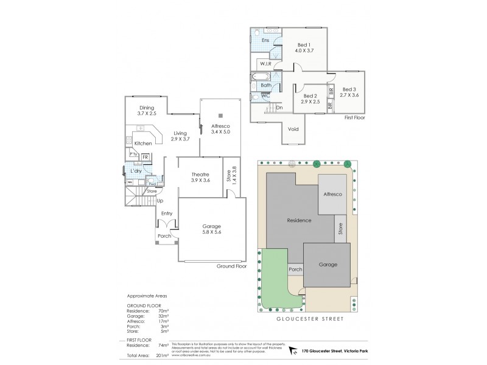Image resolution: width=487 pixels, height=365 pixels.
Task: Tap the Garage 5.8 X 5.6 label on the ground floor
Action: (x=212, y=229)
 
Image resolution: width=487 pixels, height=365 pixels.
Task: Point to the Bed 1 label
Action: (x=304, y=49)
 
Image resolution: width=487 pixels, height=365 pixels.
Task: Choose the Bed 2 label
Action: (x=310, y=99)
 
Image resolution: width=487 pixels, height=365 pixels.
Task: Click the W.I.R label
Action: (x=265, y=64)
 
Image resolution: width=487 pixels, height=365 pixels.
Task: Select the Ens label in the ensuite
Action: (x=265, y=41)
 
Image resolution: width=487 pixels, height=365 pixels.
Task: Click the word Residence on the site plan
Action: (x=299, y=220)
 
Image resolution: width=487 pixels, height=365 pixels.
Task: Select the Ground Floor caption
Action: (x=231, y=266)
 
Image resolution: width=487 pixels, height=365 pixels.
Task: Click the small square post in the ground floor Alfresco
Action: (x=222, y=115)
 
